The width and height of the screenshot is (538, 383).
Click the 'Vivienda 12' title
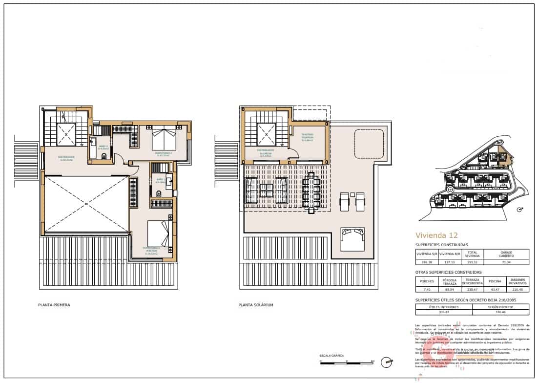(x=437, y=234)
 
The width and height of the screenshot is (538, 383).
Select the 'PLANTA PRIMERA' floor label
(x=54, y=305)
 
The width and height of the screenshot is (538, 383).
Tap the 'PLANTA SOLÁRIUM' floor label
(x=256, y=305)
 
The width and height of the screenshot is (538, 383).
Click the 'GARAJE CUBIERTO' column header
(x=506, y=254)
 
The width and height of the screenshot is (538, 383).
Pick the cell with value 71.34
(x=506, y=262)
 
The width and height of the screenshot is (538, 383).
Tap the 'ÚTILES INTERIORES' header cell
(x=443, y=307)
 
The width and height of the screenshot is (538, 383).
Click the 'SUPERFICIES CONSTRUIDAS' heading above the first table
(x=441, y=245)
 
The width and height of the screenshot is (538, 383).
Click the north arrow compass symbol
(x=387, y=362)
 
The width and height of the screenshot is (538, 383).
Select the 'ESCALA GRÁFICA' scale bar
(x=347, y=362)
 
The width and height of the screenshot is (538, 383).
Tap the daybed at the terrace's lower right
(x=353, y=239)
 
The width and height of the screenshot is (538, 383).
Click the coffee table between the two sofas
(x=267, y=191)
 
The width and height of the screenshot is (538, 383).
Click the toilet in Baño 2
(x=103, y=156)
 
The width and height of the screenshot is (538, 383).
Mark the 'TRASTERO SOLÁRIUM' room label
(x=307, y=136)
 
